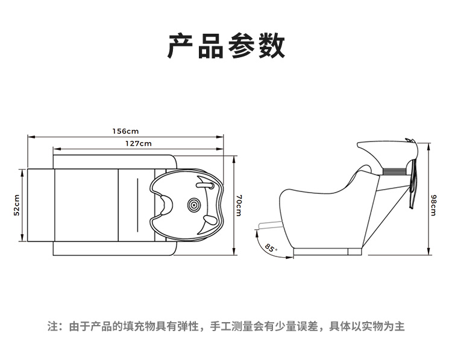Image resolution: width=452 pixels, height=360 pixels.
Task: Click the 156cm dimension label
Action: [125, 131]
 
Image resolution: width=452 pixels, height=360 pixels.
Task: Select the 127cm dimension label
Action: [139, 143]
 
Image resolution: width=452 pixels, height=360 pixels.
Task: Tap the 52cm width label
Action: [16, 205]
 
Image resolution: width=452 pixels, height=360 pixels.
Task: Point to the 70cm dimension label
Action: [239, 205]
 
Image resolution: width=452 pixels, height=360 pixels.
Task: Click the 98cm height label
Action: [433, 205]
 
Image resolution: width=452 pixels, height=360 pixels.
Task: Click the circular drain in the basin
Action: [194, 205]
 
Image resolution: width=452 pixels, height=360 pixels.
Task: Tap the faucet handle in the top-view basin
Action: [205, 185]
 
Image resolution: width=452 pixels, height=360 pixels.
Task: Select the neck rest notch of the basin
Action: [166, 205]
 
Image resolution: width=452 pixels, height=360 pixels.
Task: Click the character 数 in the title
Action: [272, 46]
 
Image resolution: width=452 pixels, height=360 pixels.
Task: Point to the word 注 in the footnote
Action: [53, 327]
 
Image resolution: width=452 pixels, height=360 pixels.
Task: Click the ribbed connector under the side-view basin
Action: [394, 172]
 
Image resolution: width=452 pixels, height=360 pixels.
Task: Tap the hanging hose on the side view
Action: [413, 184]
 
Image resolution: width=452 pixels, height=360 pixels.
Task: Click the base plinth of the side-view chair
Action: [327, 252]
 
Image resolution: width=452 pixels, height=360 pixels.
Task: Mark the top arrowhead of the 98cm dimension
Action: [428, 146]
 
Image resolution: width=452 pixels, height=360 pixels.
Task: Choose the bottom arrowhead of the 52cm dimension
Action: [22, 238]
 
